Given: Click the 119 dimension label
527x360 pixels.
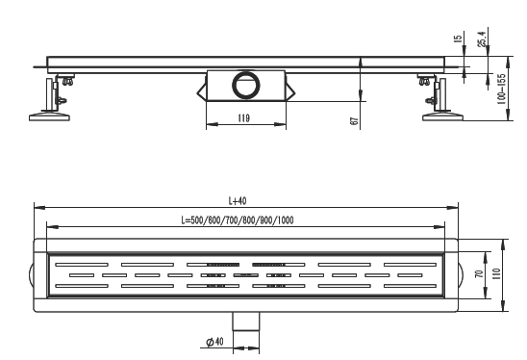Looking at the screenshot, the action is pyautogui.click(x=244, y=118).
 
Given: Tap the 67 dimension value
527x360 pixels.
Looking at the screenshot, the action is pyautogui.click(x=354, y=121).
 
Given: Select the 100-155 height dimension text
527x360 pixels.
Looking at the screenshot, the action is pyautogui.click(x=501, y=90).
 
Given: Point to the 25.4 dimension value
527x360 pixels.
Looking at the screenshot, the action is pyautogui.click(x=482, y=39).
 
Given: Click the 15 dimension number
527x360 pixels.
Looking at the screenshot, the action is pyautogui.click(x=458, y=38).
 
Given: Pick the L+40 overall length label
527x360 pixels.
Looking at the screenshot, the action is pyautogui.click(x=238, y=201).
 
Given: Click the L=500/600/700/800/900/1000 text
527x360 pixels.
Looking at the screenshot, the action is pyautogui.click(x=238, y=220).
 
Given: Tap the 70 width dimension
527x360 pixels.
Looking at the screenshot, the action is pyautogui.click(x=480, y=274).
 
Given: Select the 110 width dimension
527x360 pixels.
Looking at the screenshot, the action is pyautogui.click(x=496, y=274).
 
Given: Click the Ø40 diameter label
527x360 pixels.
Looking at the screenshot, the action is pyautogui.click(x=214, y=342).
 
